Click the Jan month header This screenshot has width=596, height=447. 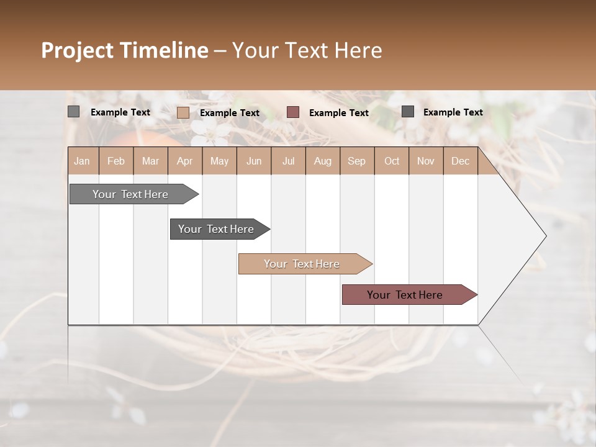point(82,161)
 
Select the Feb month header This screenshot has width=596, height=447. point(116,161)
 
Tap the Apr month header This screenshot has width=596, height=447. point(184,161)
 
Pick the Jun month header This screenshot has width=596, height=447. point(254,161)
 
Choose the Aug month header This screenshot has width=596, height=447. point(322,161)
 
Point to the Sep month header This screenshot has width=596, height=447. point(356,161)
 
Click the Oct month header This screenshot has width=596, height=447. point(392,161)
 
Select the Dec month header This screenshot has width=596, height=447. point(460,161)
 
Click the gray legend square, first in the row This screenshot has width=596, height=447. point(73,112)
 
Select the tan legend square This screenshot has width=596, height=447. point(183,112)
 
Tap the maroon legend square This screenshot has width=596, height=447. point(293,112)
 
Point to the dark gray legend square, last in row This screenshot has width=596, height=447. point(408,111)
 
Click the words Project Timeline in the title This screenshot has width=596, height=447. point(124,50)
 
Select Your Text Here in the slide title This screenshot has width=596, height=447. point(307,50)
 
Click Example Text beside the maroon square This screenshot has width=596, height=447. point(338,112)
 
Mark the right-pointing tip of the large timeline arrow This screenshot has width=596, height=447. point(544,236)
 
